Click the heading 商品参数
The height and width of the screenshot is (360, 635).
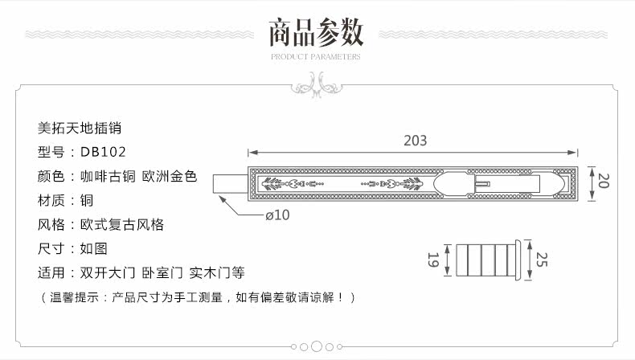[316, 32]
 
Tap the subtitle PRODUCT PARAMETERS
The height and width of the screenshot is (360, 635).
[316, 57]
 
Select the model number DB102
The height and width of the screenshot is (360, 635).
[104, 152]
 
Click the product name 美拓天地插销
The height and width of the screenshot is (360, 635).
[80, 127]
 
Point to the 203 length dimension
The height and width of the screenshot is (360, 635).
[414, 140]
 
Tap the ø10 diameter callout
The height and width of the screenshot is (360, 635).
[277, 215]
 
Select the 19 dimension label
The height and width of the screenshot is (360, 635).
[432, 260]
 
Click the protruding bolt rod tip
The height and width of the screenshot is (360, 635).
[228, 182]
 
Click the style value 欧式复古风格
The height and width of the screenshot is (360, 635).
[121, 225]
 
